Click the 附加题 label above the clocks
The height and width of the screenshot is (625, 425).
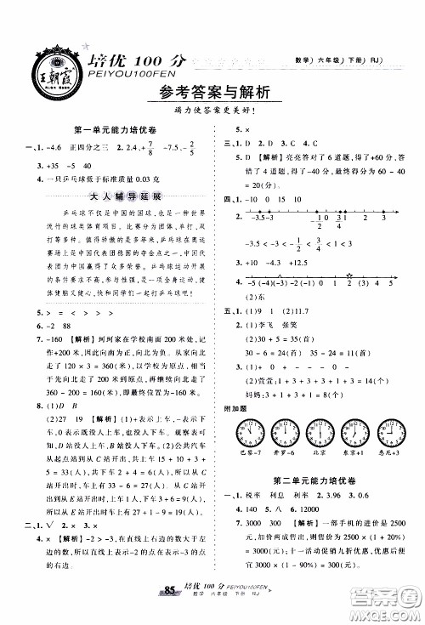pyautogui.click(x=235, y=406)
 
